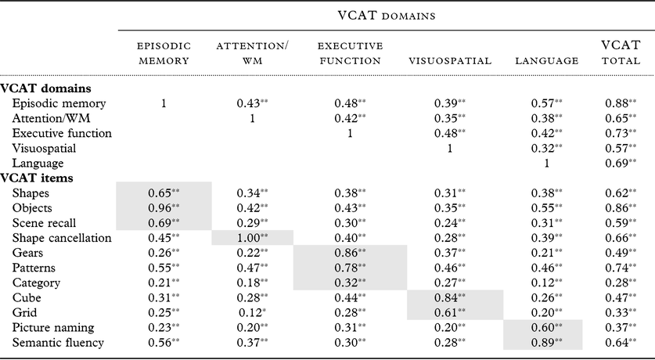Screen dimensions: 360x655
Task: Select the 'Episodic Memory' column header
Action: click(164, 53)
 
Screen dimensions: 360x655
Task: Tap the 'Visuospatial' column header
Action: click(449, 59)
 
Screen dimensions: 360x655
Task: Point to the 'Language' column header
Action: click(547, 59)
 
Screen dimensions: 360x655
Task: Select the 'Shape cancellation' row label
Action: click(61, 238)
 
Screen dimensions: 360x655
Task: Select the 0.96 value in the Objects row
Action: click(160, 208)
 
